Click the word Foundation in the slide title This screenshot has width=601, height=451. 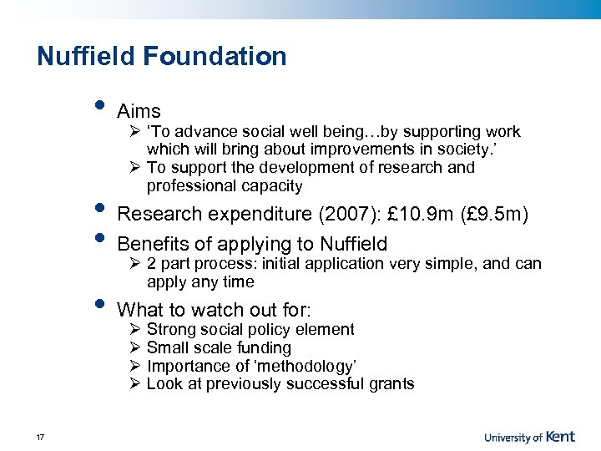click(215, 57)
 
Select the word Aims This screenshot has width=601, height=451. click(139, 111)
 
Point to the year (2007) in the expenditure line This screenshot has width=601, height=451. click(351, 214)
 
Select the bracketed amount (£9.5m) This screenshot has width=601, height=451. click(495, 214)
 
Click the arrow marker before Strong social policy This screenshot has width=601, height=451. click(136, 330)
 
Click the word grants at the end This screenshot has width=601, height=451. click(391, 384)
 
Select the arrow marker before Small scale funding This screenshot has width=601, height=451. click(136, 348)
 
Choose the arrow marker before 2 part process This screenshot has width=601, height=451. click(136, 265)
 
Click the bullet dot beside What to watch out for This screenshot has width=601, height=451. click(100, 303)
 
